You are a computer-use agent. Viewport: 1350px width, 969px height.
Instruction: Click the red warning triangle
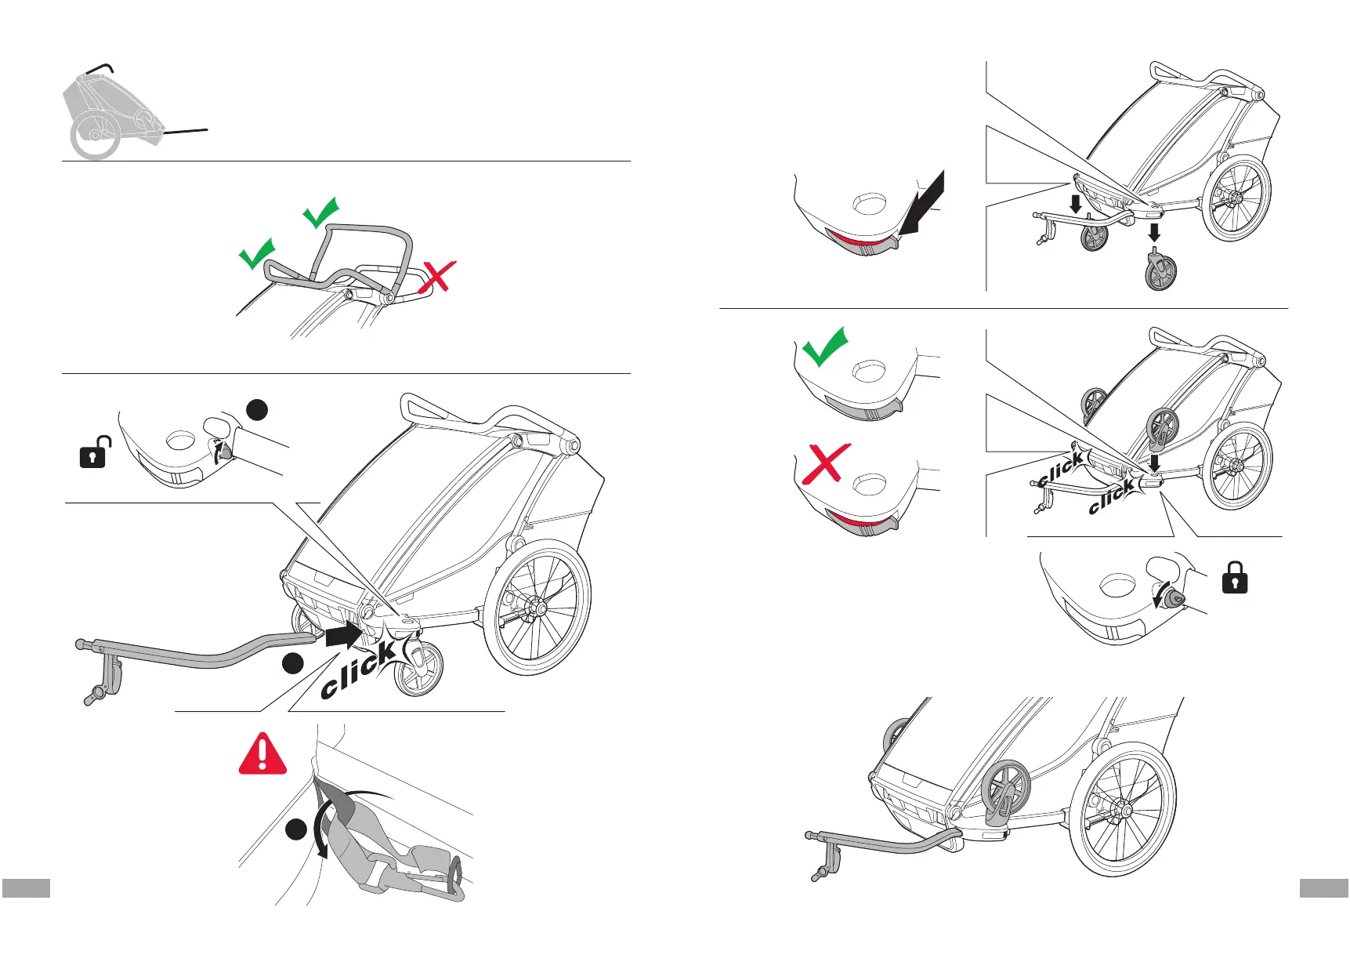click(262, 755)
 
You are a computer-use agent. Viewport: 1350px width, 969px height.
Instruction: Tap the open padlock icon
click(93, 453)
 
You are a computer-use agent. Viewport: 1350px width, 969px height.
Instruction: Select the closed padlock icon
click(1234, 578)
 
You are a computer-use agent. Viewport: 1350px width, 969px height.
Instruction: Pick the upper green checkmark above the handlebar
click(320, 212)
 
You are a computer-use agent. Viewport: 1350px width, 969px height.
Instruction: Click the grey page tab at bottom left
click(26, 887)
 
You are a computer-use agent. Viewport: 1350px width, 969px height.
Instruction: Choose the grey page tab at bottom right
click(1323, 887)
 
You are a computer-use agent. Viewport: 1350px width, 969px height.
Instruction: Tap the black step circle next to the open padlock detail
click(257, 409)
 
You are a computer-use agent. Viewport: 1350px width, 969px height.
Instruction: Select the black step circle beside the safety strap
click(295, 830)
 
